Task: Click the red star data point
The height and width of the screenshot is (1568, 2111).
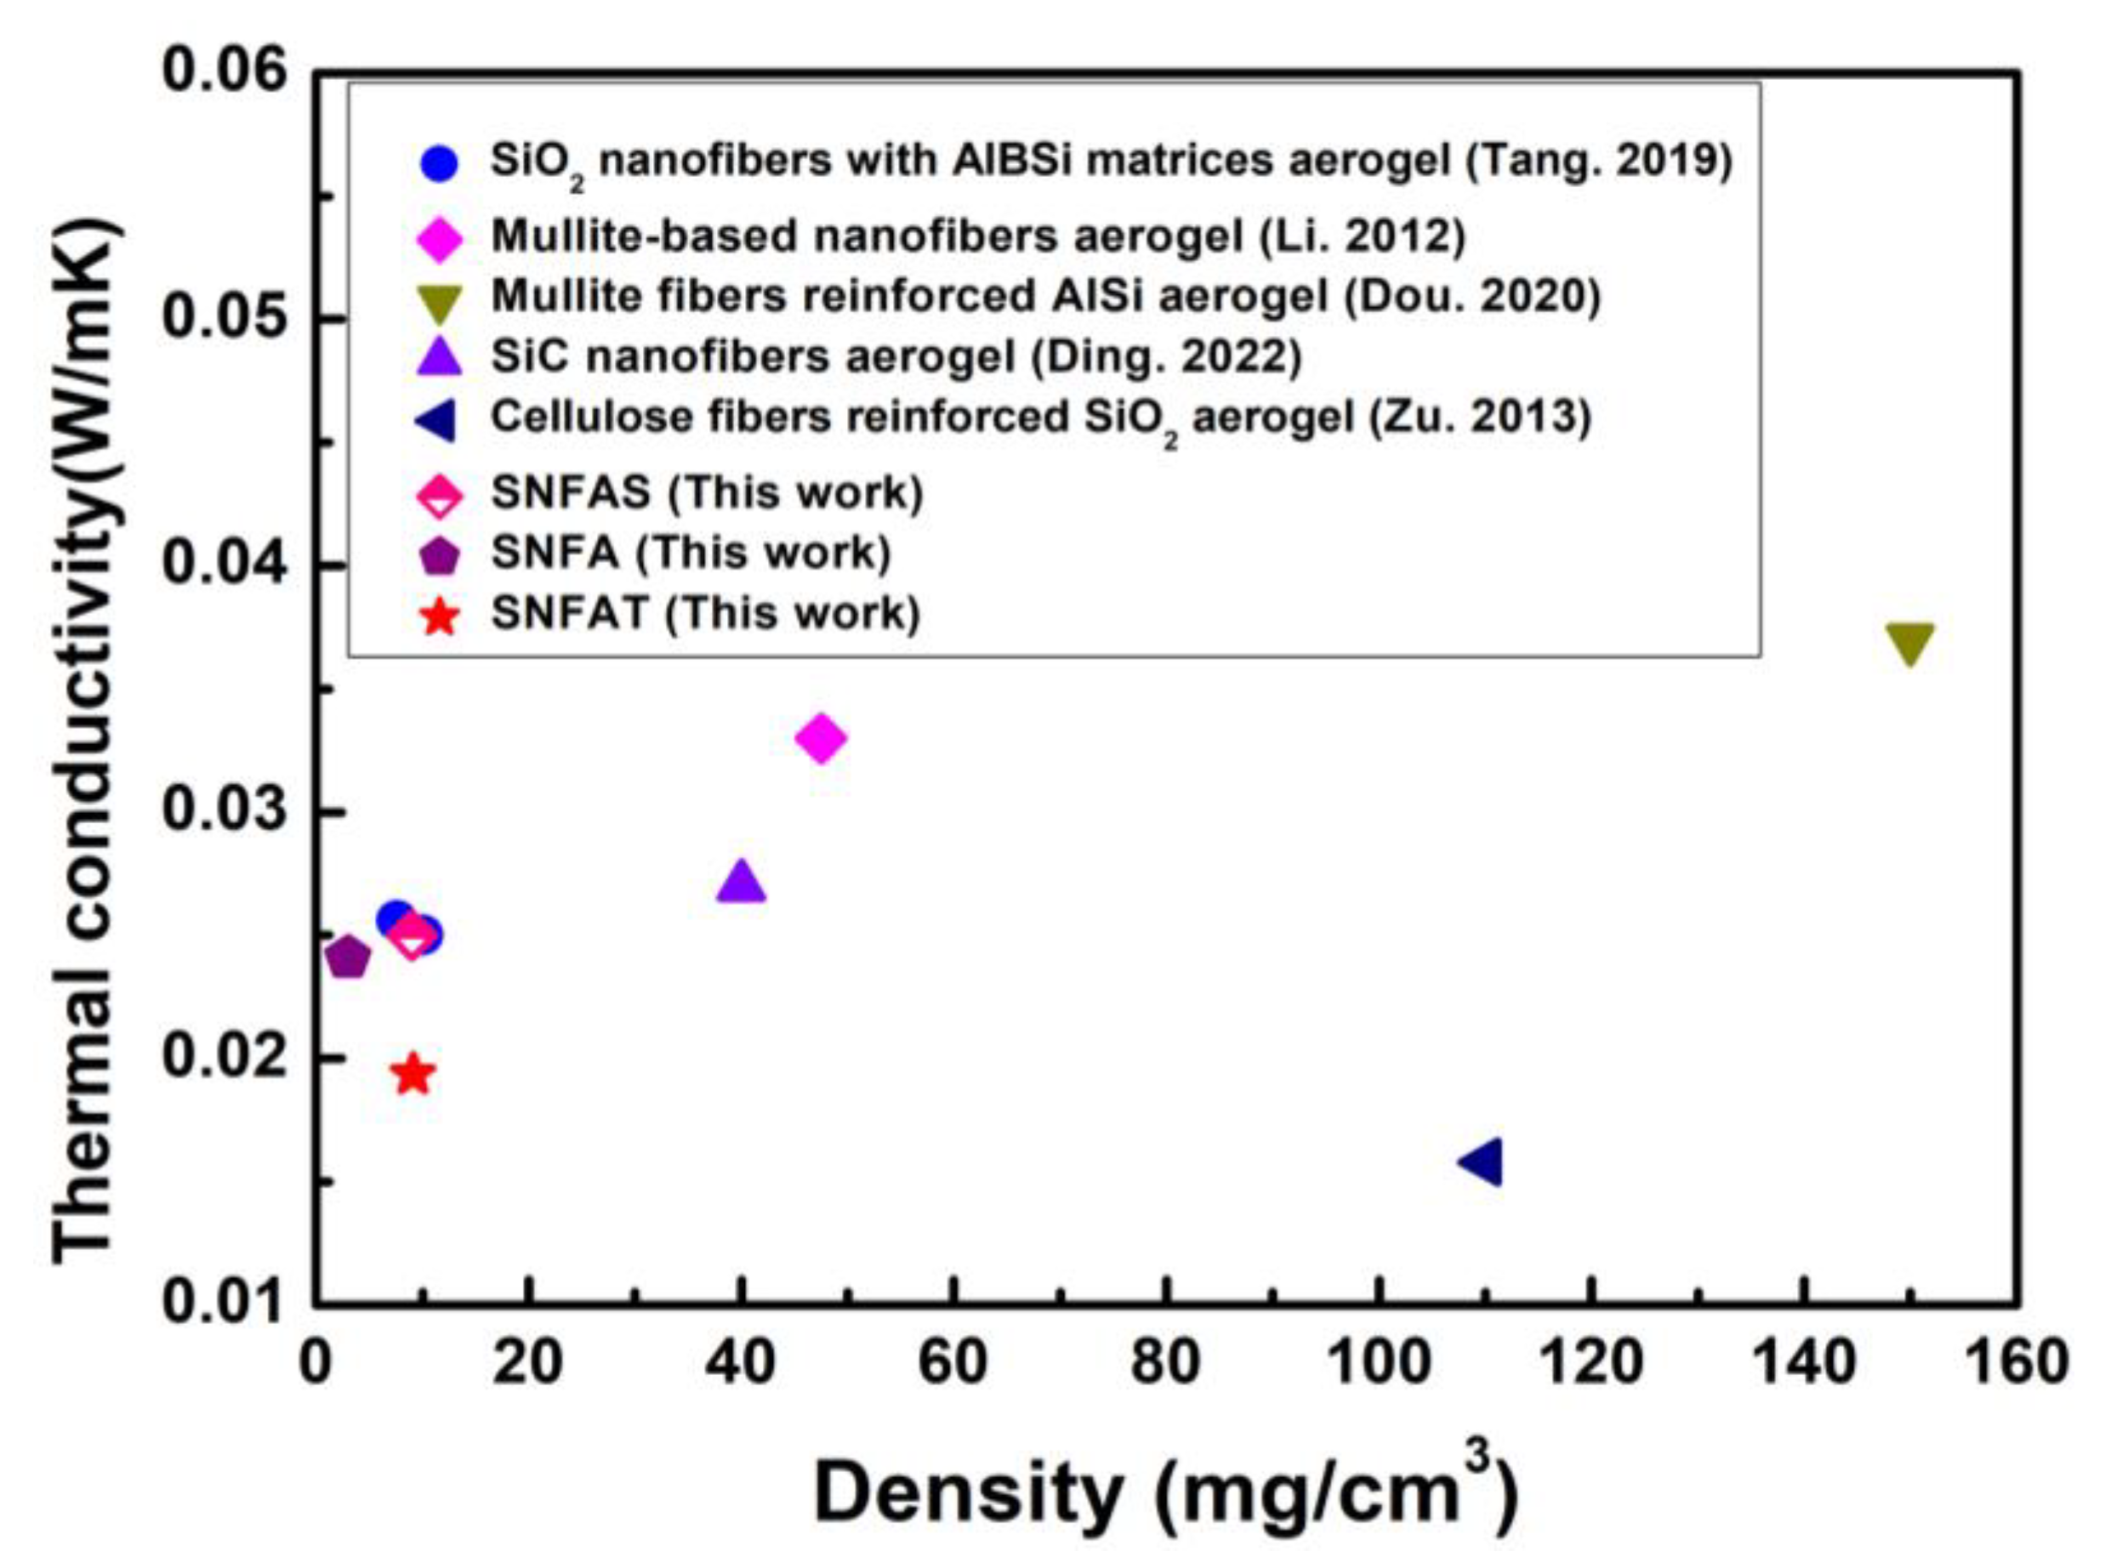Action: pyautogui.click(x=412, y=1075)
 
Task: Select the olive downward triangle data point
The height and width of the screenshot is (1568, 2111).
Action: pyautogui.click(x=1909, y=644)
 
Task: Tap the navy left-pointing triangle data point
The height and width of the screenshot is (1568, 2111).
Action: pyautogui.click(x=1482, y=1162)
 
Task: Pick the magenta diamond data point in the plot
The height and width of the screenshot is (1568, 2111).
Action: pyautogui.click(x=821, y=738)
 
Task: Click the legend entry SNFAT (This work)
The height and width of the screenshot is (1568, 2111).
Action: pyautogui.click(x=705, y=613)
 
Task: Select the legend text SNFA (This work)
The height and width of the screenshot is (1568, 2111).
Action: pyautogui.click(x=691, y=553)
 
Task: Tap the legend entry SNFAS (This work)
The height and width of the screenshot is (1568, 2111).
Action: pyautogui.click(x=707, y=492)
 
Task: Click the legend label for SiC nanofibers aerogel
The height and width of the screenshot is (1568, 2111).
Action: pyautogui.click(x=896, y=357)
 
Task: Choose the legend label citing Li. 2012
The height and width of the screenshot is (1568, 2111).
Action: pyautogui.click(x=977, y=236)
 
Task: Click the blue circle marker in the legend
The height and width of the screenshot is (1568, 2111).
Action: pyautogui.click(x=440, y=163)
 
